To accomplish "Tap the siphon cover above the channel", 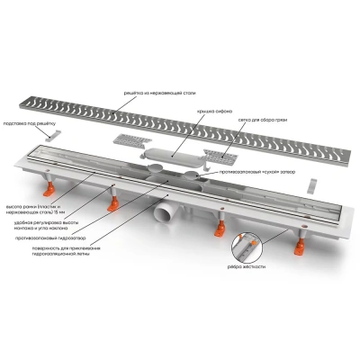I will (x=171, y=155).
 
